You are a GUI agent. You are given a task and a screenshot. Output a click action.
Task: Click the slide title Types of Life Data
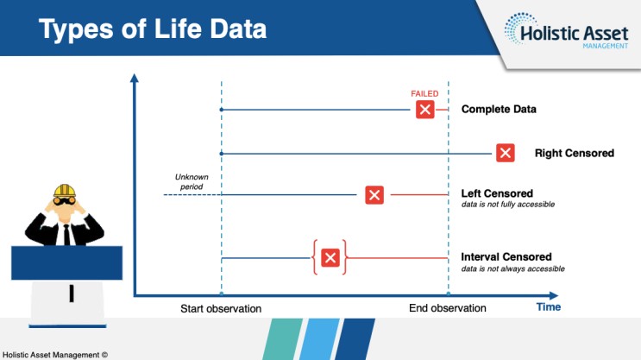153,29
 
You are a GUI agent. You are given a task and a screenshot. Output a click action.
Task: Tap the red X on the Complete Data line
425,110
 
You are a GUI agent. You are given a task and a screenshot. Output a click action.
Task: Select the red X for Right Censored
506,153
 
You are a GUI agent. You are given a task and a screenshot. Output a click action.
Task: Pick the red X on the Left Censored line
374,195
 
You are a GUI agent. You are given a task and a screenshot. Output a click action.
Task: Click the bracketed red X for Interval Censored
330,258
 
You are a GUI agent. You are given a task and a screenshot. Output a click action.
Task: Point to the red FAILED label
424,94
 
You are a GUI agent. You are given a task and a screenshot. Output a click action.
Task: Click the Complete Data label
499,110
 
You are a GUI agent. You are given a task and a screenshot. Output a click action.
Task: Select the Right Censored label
575,153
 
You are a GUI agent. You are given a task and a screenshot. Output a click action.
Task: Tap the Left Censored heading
497,193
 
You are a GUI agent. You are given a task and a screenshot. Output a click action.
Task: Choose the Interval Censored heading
506,257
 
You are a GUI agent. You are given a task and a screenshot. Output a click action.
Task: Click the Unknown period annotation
192,181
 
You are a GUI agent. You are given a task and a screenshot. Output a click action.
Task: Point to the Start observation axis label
221,308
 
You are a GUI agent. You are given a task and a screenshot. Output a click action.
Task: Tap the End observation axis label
448,308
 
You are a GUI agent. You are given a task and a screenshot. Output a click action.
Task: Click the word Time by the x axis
549,306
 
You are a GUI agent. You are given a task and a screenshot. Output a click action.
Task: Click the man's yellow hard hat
65,191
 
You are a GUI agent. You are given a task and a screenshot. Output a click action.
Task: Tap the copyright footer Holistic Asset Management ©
55,355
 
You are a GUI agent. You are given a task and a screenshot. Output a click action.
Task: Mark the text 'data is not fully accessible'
508,204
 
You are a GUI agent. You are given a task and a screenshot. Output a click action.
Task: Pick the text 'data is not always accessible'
513,268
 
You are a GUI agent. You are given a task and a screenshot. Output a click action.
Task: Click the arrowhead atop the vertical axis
134,78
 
